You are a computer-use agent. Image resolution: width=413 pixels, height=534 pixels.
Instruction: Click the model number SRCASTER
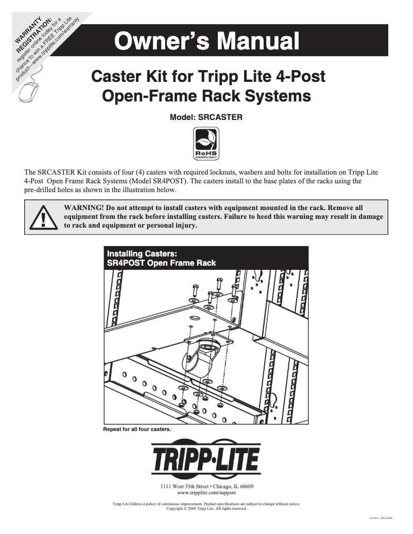[x=206, y=117]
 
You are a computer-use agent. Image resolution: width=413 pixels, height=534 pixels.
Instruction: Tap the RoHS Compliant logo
[x=206, y=144]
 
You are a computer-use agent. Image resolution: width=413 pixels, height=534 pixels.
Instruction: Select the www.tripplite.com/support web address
[x=206, y=493]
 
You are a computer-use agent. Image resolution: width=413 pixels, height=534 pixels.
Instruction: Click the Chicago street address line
[x=206, y=486]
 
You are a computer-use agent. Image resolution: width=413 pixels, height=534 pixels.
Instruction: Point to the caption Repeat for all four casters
[x=137, y=429]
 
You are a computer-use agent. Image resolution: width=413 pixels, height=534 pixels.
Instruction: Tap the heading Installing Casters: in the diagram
[x=141, y=253]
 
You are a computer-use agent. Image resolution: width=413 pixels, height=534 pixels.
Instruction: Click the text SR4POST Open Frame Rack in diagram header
[x=161, y=263]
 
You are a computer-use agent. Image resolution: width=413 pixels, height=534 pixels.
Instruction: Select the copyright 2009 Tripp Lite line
[x=206, y=508]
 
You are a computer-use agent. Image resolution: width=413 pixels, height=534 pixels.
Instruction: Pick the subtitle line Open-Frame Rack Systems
[x=207, y=96]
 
